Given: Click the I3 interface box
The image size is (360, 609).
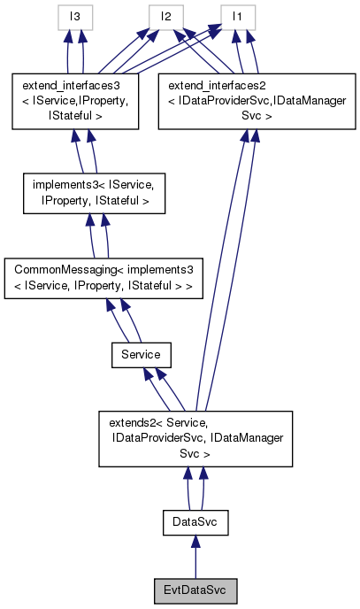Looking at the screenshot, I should click(x=74, y=17).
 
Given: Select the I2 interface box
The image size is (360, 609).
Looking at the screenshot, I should click(x=165, y=17).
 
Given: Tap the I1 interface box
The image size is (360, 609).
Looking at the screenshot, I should click(x=238, y=17).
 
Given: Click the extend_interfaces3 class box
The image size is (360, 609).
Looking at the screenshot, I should click(x=74, y=101).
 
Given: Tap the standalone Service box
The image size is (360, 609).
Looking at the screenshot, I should click(x=140, y=355).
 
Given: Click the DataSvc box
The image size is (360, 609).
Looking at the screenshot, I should click(x=195, y=524).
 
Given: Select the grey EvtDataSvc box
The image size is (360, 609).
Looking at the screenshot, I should click(x=195, y=589).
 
